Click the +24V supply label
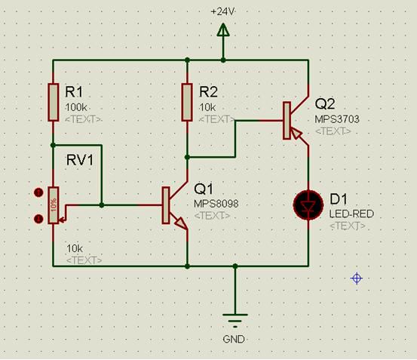[x=223, y=12]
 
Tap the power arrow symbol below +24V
[x=223, y=29]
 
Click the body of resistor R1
[x=54, y=102]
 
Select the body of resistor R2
[x=187, y=102]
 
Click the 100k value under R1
[x=76, y=107]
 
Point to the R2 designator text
[x=208, y=92]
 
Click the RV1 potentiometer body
[x=54, y=205]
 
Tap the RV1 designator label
[x=80, y=160]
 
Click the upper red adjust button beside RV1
[x=38, y=192]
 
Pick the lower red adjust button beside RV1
[x=38, y=219]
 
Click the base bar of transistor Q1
[x=166, y=205]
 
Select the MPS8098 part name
[x=216, y=204]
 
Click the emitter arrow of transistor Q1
[x=180, y=223]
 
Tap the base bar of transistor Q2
[x=287, y=121]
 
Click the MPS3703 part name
[x=337, y=119]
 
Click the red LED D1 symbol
[x=308, y=205]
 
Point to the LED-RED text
[x=351, y=214]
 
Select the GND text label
[x=234, y=340]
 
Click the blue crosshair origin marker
[x=357, y=278]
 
